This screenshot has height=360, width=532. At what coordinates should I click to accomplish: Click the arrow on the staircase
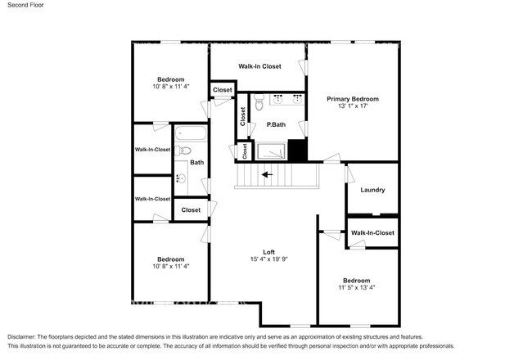tap(265, 173)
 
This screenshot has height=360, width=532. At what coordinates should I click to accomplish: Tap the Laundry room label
tap(372, 190)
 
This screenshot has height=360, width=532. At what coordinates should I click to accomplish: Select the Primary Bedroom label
tap(353, 99)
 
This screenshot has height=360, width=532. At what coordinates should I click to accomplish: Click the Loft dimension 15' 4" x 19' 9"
tap(268, 259)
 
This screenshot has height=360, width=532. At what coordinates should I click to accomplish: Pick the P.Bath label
tap(275, 124)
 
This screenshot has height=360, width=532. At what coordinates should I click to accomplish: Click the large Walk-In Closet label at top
tap(259, 66)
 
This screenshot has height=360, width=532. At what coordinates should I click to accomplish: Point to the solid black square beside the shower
tap(296, 151)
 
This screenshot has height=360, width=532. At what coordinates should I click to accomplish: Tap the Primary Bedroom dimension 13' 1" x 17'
tap(353, 106)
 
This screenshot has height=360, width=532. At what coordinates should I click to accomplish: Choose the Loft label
tap(268, 251)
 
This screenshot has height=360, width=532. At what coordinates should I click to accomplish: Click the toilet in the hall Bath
tap(185, 150)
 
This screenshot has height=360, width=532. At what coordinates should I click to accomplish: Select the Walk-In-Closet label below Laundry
tap(372, 233)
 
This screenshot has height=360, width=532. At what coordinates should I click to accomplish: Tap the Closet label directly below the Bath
tap(191, 210)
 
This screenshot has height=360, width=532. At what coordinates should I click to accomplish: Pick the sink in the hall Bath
tap(179, 178)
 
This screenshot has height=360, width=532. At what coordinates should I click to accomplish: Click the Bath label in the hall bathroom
tap(197, 162)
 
